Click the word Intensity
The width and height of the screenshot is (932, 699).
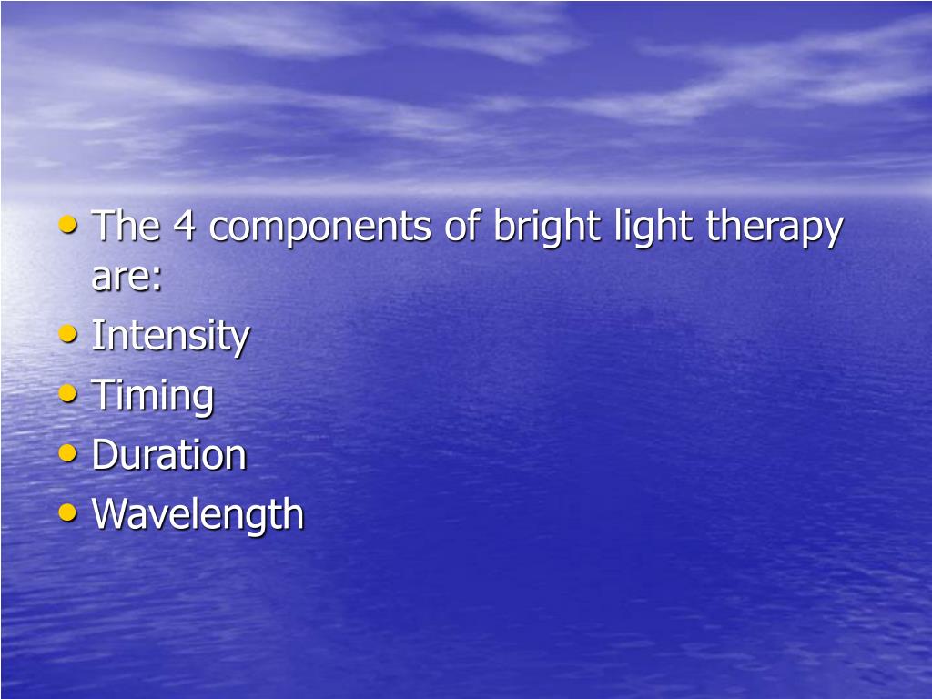[x=170, y=337]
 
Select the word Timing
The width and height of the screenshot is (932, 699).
[x=153, y=396]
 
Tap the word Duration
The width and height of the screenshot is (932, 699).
[x=169, y=454]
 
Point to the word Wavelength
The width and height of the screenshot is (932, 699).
[x=198, y=514]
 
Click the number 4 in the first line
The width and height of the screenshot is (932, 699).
[x=185, y=226]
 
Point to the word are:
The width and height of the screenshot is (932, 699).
[x=127, y=277]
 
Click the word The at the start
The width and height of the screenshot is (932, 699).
[x=126, y=226]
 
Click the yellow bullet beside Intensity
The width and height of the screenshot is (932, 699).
[x=67, y=334]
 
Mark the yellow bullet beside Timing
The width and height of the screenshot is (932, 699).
[x=67, y=393]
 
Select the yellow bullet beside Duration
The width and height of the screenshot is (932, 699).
[x=67, y=452]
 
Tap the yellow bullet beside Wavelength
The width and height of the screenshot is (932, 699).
[x=67, y=512]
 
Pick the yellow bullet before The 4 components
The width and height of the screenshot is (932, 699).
[x=67, y=224]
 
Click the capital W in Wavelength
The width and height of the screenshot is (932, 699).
[x=110, y=513]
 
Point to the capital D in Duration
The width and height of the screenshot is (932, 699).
[x=104, y=454]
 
